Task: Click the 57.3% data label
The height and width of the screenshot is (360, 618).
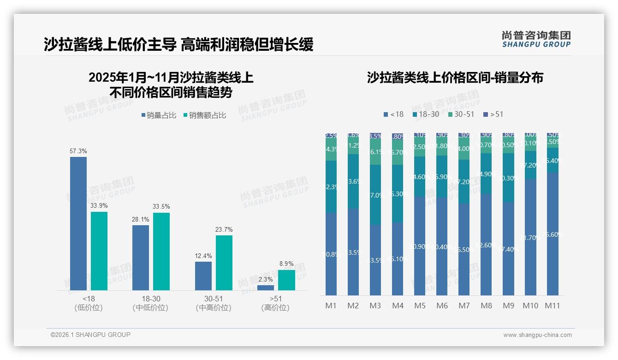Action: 78,151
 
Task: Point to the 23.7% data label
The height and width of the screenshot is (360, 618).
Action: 224,229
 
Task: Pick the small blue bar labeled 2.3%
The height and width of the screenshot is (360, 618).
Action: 266,288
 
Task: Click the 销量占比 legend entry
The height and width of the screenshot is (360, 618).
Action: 159,115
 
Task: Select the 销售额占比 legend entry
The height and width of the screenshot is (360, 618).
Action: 204,115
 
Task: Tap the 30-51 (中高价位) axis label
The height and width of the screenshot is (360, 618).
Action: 213,303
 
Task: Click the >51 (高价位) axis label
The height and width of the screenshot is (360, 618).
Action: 275,303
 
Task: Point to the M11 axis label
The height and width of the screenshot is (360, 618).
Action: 553,306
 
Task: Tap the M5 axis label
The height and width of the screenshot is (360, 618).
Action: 420,306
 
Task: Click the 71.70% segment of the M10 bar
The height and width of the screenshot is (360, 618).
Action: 530,237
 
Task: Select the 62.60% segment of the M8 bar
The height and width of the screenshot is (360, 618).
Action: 486,244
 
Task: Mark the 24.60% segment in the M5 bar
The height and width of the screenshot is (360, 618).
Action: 420,177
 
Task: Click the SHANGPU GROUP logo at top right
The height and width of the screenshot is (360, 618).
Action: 536,39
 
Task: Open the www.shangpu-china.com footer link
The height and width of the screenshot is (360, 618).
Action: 537,335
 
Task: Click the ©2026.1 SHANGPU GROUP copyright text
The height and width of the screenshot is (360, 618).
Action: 90,335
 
